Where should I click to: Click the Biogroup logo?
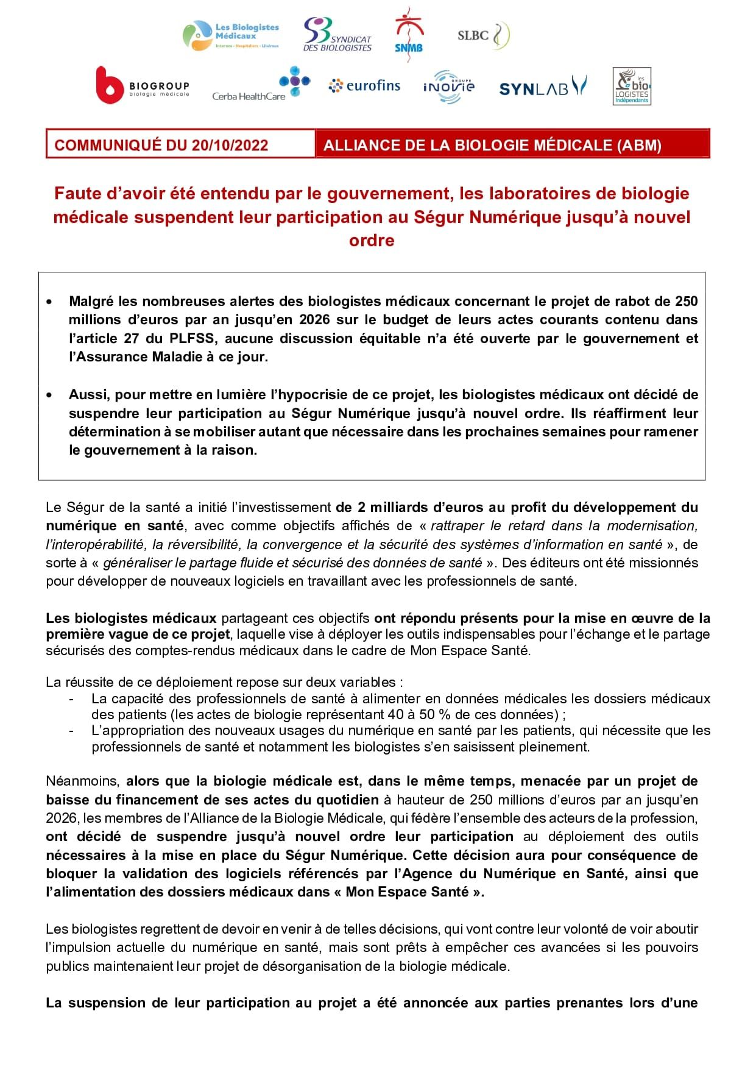point(143,85)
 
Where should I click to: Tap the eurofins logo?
point(364,86)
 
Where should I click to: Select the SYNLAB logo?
point(542,87)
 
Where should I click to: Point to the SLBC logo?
point(483,35)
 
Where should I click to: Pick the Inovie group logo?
point(448,87)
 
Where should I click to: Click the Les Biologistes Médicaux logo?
point(231,35)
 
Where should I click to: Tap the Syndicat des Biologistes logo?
point(337,34)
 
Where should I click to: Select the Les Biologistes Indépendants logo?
point(632,87)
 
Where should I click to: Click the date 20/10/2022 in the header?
point(230,145)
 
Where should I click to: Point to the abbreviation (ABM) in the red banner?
point(638,145)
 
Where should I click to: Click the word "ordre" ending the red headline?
point(372,240)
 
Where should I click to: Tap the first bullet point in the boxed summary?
point(49,302)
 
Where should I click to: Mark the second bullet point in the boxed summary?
point(49,395)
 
